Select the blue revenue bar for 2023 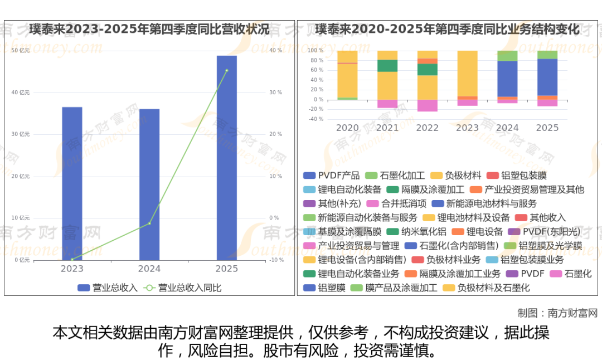pos(72,183)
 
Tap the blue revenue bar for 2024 pos(149,184)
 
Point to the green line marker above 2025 pos(226,70)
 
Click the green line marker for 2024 pos(149,223)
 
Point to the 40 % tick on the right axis pos(276,51)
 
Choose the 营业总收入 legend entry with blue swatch pos(108,288)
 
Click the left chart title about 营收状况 pos(149,29)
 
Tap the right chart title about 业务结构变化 pos(447,29)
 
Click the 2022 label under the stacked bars pos(428,128)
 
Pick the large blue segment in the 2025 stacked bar pos(547,77)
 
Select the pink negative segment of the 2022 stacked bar pos(428,105)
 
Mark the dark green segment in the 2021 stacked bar pos(387,66)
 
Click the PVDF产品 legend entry pos(332,175)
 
